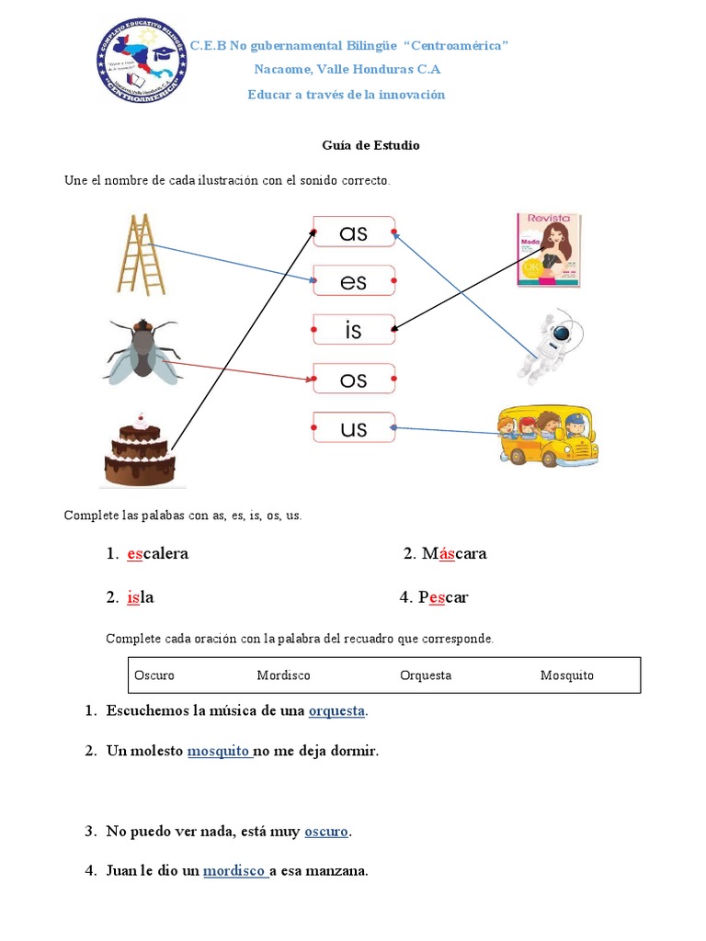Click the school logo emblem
(142, 62)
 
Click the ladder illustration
(142, 255)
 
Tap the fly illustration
(142, 350)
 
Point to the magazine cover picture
(548, 250)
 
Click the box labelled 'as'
(354, 233)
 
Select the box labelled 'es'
(354, 281)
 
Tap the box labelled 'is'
(354, 330)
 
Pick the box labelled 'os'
(354, 379)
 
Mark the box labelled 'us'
(354, 428)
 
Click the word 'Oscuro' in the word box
(154, 675)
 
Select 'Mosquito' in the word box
(566, 675)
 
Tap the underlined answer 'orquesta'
(336, 711)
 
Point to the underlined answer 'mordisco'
(234, 871)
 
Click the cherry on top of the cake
(140, 419)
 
